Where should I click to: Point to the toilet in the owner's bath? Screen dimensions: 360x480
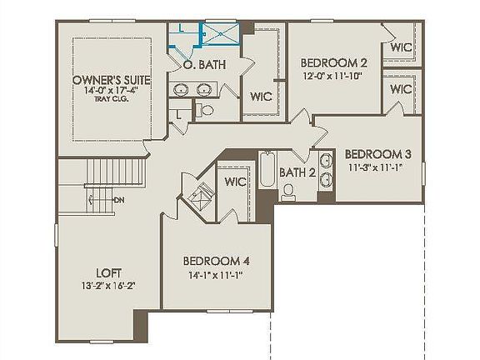[206, 108]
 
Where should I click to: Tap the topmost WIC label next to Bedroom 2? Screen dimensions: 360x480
[402, 48]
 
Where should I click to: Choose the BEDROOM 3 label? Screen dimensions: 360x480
[377, 154]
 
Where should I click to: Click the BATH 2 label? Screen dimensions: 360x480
[297, 172]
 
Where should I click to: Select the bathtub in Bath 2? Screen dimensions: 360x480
[267, 171]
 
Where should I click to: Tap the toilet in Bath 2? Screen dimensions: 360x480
[289, 193]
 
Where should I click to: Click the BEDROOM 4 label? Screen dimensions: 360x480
[217, 261]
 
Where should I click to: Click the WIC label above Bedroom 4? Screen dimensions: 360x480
[235, 181]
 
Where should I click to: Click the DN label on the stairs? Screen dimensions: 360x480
[119, 200]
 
